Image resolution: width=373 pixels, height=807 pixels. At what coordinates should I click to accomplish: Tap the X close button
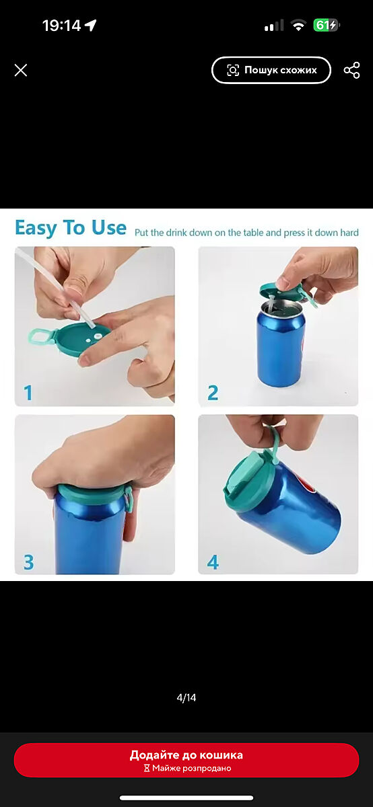coord(21,70)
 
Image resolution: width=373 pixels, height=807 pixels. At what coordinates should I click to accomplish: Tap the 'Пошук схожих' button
coord(271,70)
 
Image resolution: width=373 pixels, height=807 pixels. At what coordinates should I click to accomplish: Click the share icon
coord(351,70)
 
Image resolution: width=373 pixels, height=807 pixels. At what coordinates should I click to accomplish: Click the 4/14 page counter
coord(186,698)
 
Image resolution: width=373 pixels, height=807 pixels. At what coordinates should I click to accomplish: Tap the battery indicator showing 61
coord(327,26)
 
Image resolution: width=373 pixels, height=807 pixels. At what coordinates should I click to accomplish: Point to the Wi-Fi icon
coord(298,26)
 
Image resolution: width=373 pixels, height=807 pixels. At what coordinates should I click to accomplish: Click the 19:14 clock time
coord(61,26)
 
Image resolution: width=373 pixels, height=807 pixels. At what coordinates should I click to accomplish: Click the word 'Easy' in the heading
coord(36,229)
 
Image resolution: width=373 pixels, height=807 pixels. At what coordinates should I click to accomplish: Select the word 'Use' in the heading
coord(108,227)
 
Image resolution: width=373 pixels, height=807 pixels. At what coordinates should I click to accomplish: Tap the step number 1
coord(28,393)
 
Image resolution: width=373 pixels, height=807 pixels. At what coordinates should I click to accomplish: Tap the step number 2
coord(213,393)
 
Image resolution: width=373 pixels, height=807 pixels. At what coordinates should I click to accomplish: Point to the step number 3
coord(28,562)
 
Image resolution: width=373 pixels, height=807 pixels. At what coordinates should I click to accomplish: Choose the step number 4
coord(213,562)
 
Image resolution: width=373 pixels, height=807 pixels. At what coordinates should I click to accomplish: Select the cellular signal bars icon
coord(274,26)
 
